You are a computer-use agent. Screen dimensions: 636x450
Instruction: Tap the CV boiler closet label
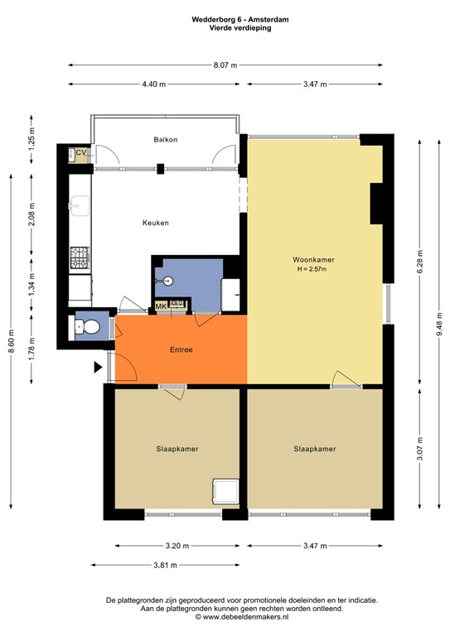pyautogui.click(x=81, y=153)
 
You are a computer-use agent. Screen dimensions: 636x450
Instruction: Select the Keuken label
pyautogui.click(x=156, y=223)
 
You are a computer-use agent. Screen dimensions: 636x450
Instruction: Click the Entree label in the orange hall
pyautogui.click(x=180, y=349)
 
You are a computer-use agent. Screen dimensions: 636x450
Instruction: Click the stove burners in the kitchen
pyautogui.click(x=80, y=258)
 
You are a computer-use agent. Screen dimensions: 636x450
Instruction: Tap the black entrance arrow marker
pyautogui.click(x=99, y=367)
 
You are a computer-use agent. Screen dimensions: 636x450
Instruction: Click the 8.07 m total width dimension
pyautogui.click(x=225, y=65)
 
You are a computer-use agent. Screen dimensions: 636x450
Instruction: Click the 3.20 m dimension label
pyautogui.click(x=177, y=546)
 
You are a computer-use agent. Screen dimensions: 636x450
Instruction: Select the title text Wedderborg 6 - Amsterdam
pyautogui.click(x=225, y=17)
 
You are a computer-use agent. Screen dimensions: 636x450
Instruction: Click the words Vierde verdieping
pyautogui.click(x=225, y=27)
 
